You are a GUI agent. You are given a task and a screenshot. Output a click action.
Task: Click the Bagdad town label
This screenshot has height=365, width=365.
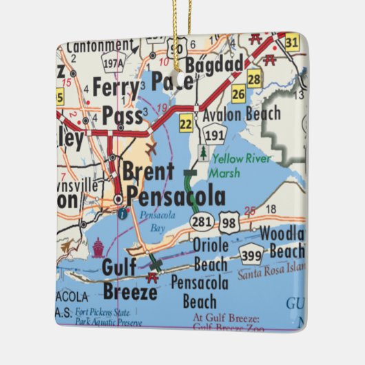pyautogui.click(x=213, y=64)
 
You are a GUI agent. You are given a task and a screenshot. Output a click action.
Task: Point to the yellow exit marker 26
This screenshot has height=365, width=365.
pyautogui.click(x=238, y=94)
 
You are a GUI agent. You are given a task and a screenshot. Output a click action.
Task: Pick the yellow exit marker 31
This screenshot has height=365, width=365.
pyautogui.click(x=292, y=43)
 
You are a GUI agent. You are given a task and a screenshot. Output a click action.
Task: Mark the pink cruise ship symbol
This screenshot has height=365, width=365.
pyautogui.click(x=98, y=246)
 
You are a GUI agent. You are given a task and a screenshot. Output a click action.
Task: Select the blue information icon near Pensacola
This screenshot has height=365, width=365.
pyautogui.click(x=123, y=213)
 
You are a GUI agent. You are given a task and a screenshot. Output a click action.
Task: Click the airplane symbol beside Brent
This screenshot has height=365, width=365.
pyautogui.click(x=152, y=148)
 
